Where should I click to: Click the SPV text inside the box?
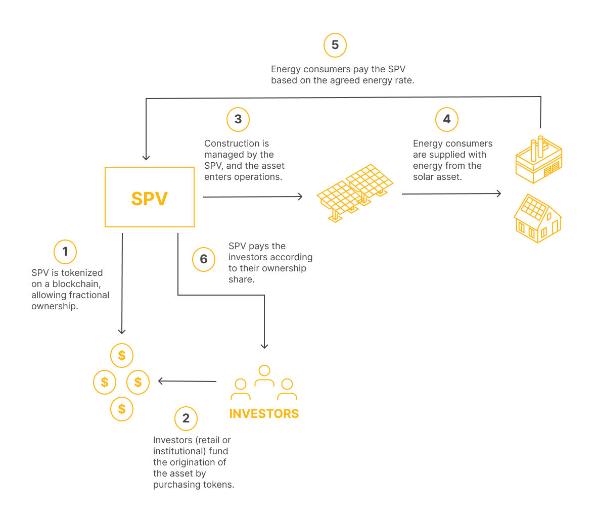pos(149,199)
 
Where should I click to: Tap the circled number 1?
pos(65,252)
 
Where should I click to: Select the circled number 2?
pos(186,418)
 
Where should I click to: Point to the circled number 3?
pos(238,119)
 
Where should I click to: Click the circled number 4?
pos(447,119)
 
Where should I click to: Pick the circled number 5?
pos(335,45)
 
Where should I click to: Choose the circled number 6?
pos(204,259)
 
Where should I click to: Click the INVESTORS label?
pos(264,414)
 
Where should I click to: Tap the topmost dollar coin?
pos(122,355)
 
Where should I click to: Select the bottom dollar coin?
pos(122,409)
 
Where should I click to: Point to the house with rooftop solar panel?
pos(538,219)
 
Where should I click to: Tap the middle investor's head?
pos(264,370)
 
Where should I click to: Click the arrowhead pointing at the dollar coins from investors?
pos(160,381)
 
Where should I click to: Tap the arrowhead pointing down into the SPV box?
pos(146,158)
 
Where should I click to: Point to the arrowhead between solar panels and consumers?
pos(499,193)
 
